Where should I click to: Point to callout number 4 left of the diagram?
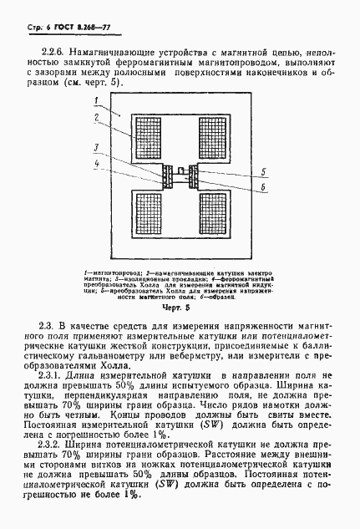click(97, 165)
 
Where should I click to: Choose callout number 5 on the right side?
click(264, 172)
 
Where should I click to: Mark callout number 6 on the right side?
click(264, 188)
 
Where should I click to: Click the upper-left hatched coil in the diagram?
click(150, 136)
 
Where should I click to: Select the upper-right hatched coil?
click(215, 136)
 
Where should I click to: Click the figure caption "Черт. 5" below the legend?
click(181, 306)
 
